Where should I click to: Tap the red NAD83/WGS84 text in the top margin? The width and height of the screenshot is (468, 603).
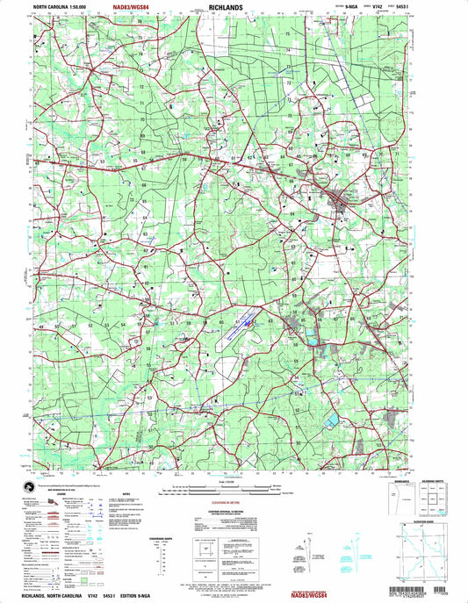point(138,7)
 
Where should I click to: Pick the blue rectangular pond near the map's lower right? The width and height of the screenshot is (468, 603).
point(330,423)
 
